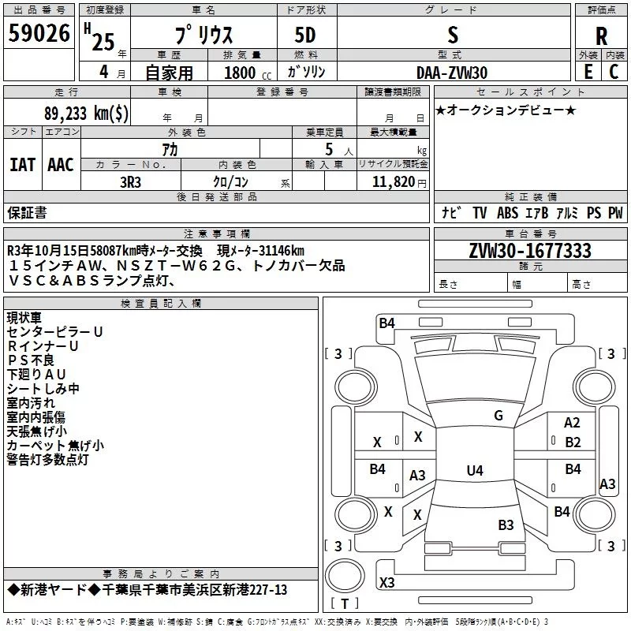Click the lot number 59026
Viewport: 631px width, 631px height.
(x=39, y=33)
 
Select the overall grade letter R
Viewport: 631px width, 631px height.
(x=601, y=36)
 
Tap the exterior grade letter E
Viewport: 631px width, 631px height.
(x=588, y=72)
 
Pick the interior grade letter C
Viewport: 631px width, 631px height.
(x=614, y=72)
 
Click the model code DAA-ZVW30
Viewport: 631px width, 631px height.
(x=452, y=73)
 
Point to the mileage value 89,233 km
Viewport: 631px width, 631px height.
(x=86, y=113)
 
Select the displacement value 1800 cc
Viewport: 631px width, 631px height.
(x=248, y=73)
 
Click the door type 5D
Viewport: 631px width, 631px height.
(x=305, y=35)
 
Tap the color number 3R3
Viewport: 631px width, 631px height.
(x=130, y=182)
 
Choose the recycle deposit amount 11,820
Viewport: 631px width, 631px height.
(x=394, y=182)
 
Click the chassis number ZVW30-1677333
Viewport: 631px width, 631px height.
(x=530, y=251)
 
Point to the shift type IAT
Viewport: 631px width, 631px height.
(x=22, y=165)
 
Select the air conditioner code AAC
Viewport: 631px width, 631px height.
(x=61, y=165)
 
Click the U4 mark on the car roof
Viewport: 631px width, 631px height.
(x=475, y=470)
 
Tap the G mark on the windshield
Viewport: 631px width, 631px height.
(x=498, y=416)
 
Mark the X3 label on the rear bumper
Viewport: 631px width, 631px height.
(x=386, y=582)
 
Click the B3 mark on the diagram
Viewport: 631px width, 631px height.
(x=506, y=525)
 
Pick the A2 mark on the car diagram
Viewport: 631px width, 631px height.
(x=572, y=423)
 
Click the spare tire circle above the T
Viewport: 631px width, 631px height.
(x=345, y=575)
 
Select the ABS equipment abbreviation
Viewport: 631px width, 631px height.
(x=507, y=212)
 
